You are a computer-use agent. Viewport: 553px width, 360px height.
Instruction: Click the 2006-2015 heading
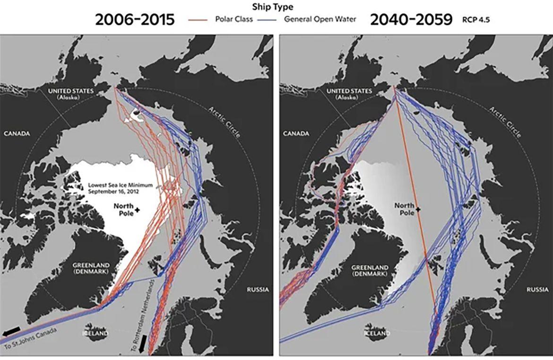135,19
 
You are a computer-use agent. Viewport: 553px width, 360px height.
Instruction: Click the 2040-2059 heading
411,19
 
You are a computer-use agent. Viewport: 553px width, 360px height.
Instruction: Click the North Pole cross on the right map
418,209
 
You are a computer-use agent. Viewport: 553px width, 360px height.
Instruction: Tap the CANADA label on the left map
17,133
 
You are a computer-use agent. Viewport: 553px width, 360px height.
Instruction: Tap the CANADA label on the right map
296,133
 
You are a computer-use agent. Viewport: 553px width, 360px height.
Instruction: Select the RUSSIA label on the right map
538,289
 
